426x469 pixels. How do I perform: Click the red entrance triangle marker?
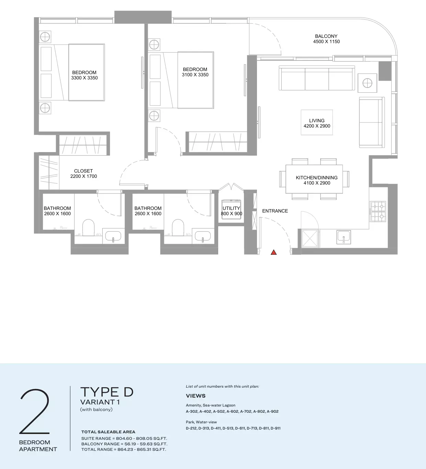273,252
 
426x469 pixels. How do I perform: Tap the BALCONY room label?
326,36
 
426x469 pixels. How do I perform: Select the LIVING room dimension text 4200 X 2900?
317,126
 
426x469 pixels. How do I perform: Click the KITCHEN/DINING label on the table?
316,178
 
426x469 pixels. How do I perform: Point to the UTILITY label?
231,208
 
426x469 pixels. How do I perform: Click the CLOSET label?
83,171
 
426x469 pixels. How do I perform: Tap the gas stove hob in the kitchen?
378,211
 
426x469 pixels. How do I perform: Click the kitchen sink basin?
344,237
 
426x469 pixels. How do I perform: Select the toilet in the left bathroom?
88,228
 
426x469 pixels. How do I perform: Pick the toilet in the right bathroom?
178,228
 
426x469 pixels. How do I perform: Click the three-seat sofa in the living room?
317,78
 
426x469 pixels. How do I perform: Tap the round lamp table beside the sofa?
367,83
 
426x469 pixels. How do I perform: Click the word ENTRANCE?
275,211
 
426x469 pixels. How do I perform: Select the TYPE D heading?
107,392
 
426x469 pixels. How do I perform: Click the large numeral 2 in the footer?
35,411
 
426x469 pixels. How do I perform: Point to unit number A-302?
192,411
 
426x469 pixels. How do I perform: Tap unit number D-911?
275,428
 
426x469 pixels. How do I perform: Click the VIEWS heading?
195,396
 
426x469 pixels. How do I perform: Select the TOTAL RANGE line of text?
124,449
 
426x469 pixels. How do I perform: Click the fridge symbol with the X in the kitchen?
310,239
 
